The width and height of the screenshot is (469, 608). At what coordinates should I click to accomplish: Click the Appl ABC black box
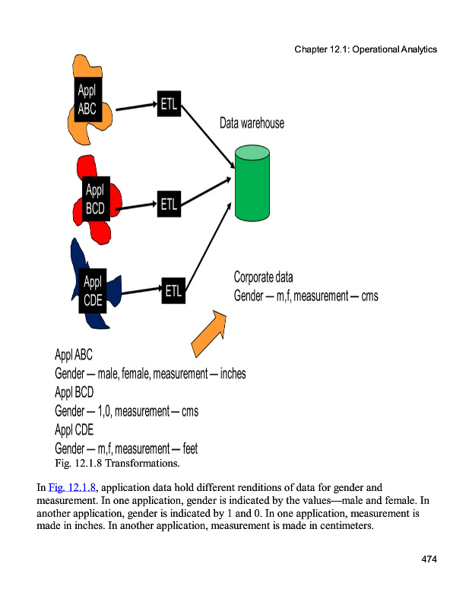[x=88, y=99]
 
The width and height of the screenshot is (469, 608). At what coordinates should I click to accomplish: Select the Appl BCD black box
[x=96, y=198]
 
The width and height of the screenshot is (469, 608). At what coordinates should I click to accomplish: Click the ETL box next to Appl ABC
[x=169, y=104]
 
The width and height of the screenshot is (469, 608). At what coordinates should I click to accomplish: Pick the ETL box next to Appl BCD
[x=169, y=204]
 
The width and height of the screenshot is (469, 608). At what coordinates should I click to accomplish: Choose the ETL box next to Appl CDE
[x=173, y=290]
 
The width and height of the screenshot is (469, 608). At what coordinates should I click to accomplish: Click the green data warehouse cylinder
[x=253, y=181]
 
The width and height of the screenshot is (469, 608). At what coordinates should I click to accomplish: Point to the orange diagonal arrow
[x=209, y=334]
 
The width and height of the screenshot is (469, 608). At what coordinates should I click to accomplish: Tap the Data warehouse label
[x=252, y=122]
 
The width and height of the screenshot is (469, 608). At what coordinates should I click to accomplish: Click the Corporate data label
[x=263, y=277]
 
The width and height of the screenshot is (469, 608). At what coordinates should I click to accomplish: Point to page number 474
[x=429, y=560]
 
